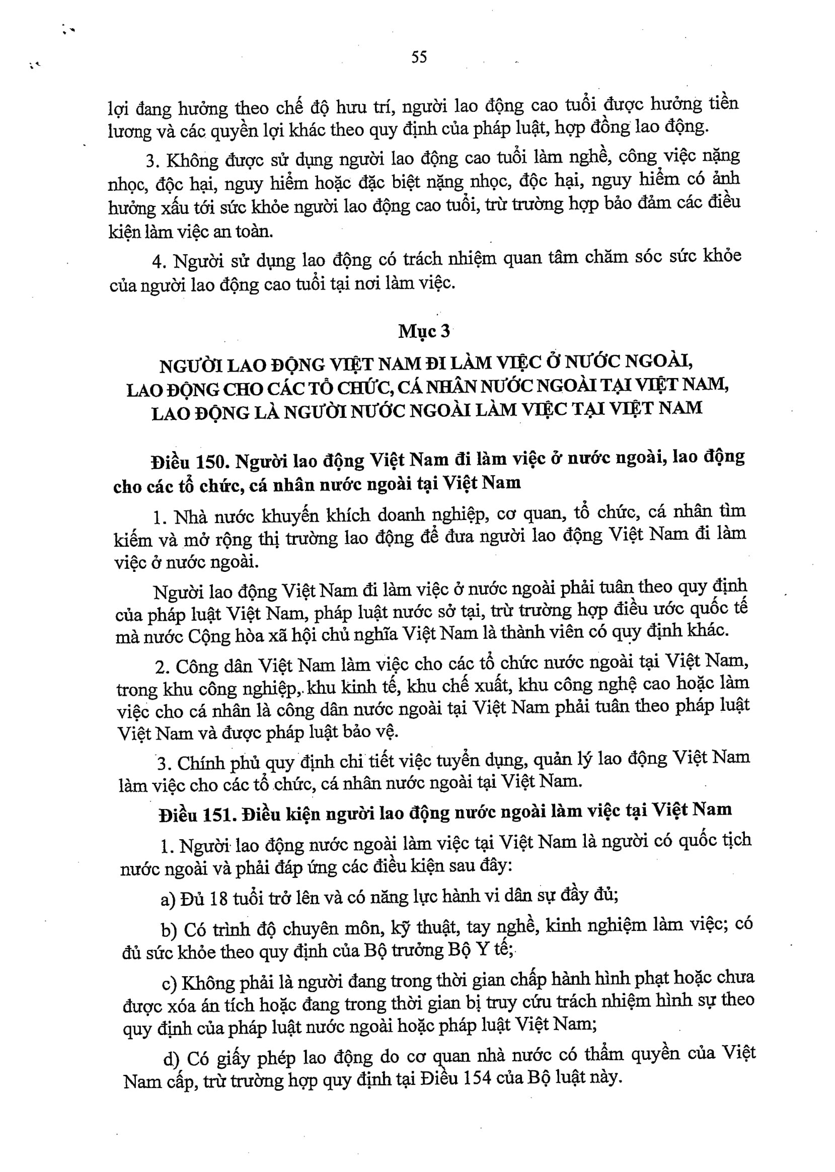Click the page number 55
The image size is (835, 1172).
click(419, 56)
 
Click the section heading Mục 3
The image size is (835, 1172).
click(424, 331)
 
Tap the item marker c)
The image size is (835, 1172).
click(169, 984)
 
